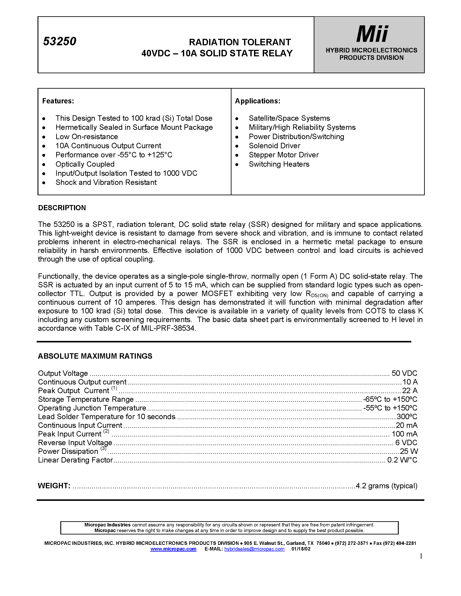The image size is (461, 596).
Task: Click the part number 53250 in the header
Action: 59,41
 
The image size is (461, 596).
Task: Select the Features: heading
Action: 58,101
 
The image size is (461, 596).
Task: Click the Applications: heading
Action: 258,101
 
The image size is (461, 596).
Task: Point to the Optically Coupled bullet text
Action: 85,164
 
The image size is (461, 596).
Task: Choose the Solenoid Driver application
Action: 274,146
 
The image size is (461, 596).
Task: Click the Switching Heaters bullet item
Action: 279,164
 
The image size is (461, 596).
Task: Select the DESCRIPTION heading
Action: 62,208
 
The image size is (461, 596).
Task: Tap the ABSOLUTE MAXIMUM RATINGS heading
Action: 95,356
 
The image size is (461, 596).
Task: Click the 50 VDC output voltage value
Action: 404,373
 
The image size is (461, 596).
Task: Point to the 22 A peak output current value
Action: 410,391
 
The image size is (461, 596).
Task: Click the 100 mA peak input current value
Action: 404,434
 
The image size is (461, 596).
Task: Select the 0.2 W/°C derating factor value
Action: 402,460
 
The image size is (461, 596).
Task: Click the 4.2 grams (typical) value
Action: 386,486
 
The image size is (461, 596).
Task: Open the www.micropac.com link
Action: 173,549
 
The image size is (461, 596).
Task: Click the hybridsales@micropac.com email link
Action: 254,549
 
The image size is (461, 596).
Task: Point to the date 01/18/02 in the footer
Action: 301,549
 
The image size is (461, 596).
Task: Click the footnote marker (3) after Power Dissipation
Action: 103,448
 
